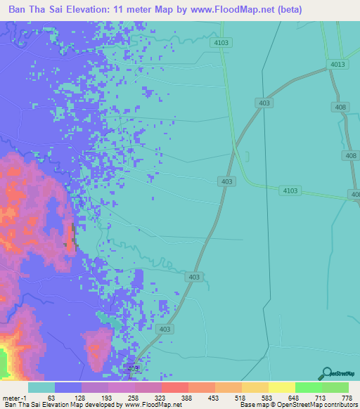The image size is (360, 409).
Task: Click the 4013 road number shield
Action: tap(338, 65)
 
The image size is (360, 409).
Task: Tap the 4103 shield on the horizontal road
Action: tap(290, 190)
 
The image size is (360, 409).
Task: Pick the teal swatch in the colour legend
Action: tap(41, 387)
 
